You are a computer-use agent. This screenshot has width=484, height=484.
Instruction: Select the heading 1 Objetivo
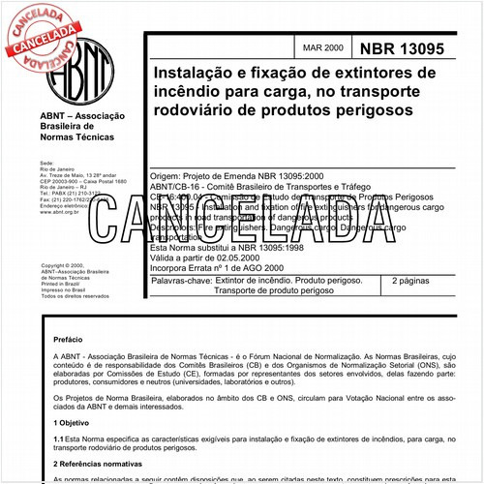coord(71,422)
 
